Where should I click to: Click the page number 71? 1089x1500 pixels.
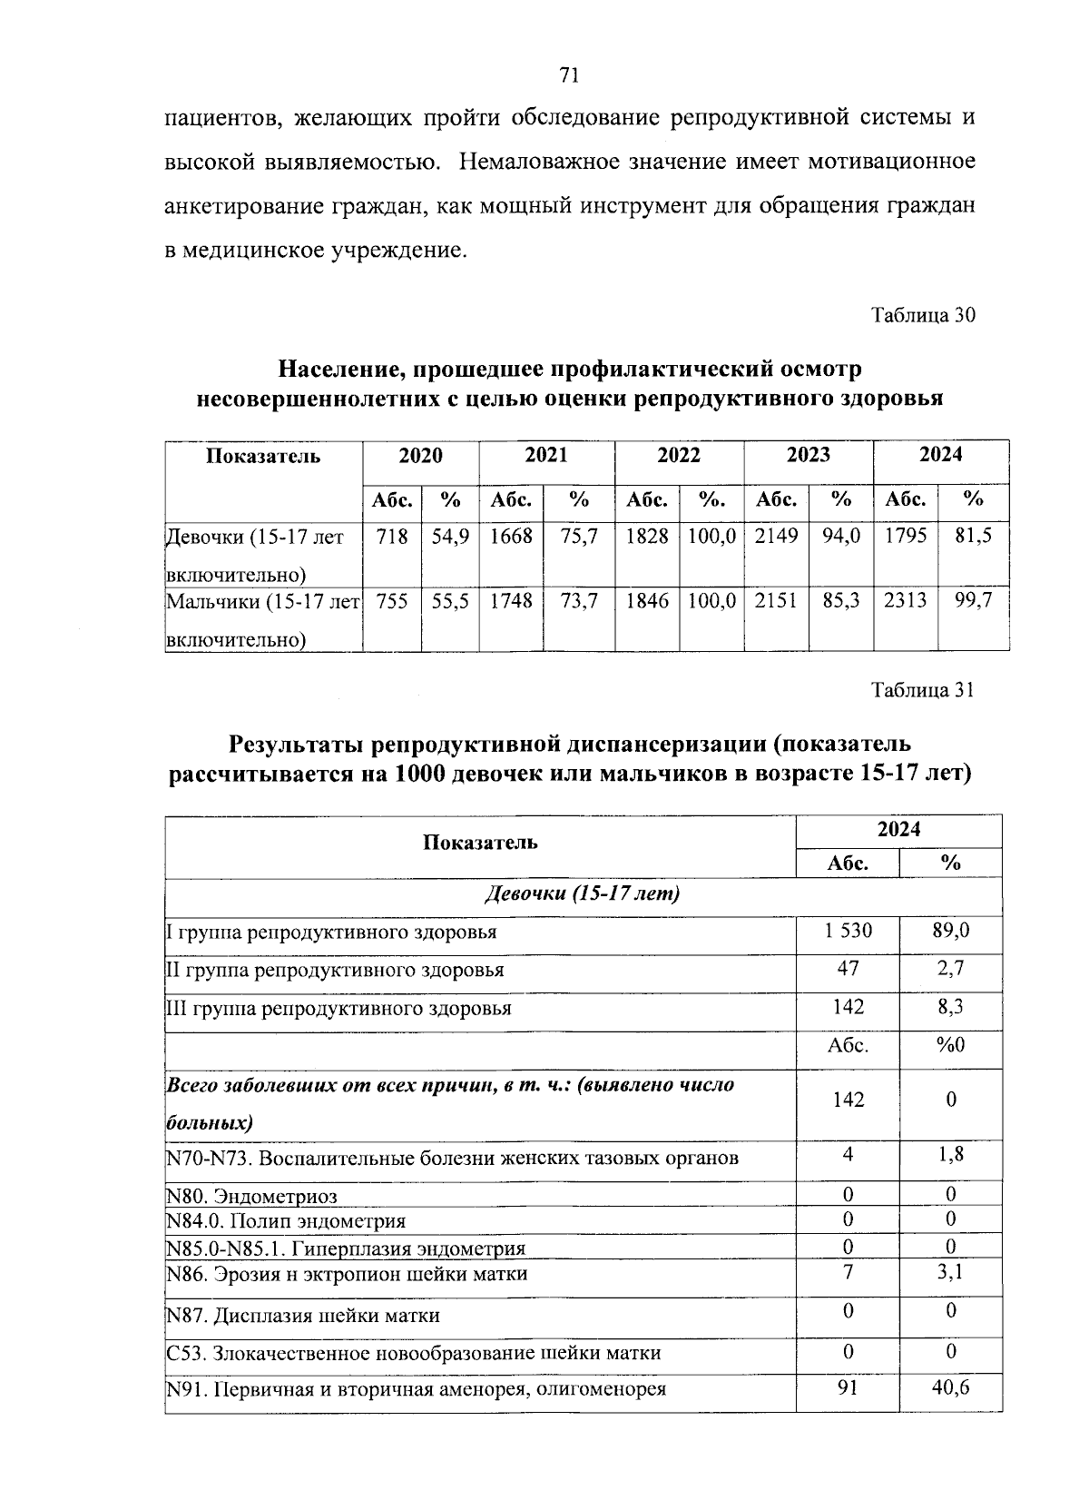[570, 75]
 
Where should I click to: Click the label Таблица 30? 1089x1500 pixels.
[922, 315]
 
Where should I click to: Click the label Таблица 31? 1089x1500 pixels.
[922, 690]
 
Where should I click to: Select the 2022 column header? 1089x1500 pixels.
[679, 455]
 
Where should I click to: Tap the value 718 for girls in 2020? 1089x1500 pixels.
[391, 536]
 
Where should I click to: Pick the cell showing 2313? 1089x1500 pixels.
[906, 600]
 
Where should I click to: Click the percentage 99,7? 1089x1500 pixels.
[974, 600]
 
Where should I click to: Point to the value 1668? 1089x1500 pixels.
[511, 536]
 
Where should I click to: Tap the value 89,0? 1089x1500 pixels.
[950, 931]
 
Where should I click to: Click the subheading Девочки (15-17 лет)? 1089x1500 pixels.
[583, 893]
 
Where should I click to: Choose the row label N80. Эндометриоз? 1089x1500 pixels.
[252, 1197]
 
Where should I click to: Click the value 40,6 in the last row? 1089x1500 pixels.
[950, 1387]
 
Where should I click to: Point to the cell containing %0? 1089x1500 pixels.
[950, 1045]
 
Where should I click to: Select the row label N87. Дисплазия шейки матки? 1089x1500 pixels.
[304, 1315]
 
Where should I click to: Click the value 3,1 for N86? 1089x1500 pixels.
[950, 1272]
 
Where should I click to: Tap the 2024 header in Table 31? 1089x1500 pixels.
[898, 829]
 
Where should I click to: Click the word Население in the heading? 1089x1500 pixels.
[339, 370]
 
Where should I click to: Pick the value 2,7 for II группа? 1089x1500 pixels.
[950, 969]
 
